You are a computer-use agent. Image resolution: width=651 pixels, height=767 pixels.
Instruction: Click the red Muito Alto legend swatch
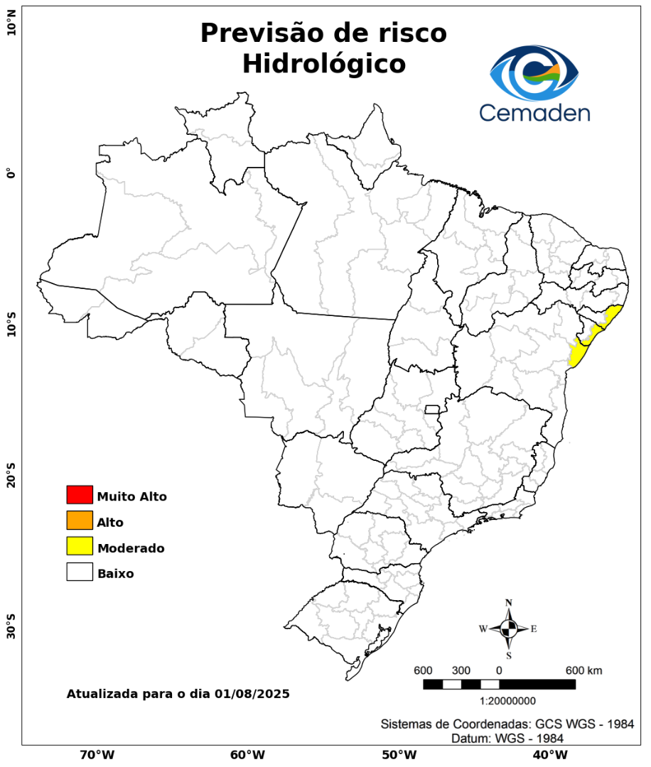[x=80, y=494]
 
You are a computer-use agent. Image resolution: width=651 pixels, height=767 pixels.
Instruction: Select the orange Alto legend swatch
[x=80, y=520]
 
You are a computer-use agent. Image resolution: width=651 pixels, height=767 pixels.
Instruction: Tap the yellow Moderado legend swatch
[x=80, y=546]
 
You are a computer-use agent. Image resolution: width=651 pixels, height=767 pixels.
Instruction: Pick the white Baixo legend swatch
[x=80, y=572]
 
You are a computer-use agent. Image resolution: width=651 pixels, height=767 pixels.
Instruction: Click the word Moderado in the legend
[x=131, y=548]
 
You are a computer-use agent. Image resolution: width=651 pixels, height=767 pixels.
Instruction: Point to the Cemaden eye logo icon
[x=534, y=74]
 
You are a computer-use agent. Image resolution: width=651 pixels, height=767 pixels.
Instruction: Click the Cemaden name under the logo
[x=534, y=113]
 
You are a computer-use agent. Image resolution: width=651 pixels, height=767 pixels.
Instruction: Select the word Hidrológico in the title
[x=323, y=63]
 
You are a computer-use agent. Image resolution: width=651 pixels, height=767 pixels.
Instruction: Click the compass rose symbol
[x=509, y=629]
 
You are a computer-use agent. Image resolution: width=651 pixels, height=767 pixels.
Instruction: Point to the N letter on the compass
[x=509, y=603]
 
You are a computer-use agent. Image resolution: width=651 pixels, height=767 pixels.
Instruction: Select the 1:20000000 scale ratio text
[x=508, y=701]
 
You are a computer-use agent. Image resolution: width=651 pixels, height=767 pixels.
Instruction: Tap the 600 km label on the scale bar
[x=583, y=670]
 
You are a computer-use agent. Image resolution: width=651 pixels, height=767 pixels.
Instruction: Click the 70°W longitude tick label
[x=97, y=754]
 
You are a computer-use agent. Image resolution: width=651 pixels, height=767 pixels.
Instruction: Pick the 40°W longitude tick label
[x=548, y=754]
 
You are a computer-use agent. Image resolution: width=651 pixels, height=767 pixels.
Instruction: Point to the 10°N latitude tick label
[x=11, y=28]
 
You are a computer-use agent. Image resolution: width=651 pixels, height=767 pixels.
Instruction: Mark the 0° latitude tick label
[x=11, y=173]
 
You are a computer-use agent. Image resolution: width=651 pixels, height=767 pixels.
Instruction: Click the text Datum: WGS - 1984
[x=507, y=739]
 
